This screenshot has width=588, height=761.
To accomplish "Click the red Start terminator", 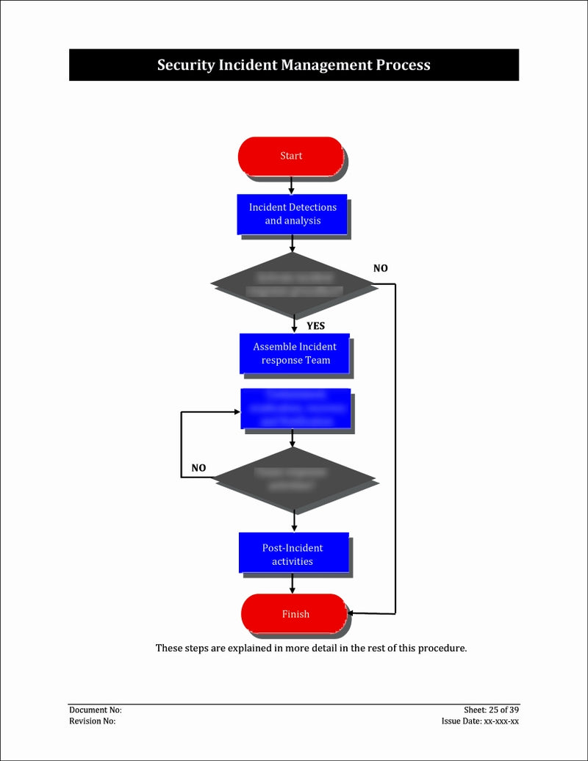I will [291, 156].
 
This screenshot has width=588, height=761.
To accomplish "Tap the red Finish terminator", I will [295, 614].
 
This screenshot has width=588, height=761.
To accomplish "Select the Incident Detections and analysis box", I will [293, 214].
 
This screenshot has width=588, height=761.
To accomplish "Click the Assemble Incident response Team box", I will [295, 353].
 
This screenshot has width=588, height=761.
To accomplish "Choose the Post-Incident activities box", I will [293, 554].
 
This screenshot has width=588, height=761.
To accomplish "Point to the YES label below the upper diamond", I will [315, 325].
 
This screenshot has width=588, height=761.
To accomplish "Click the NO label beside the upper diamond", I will [380, 268].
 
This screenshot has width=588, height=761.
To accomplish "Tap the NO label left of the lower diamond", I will [198, 468].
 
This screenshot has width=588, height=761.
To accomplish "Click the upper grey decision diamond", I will [294, 284].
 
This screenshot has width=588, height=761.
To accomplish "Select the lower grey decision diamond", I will [294, 480].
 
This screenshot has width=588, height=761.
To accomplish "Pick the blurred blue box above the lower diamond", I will [295, 408].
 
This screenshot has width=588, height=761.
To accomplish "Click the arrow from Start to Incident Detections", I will [292, 184].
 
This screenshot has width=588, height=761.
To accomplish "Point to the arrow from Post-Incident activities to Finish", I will [293, 583].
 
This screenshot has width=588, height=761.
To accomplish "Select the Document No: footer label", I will [96, 710].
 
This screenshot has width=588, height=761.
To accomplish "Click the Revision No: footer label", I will [93, 721].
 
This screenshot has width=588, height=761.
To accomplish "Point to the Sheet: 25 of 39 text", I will [491, 710].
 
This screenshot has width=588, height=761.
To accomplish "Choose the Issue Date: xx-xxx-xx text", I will [480, 721].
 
